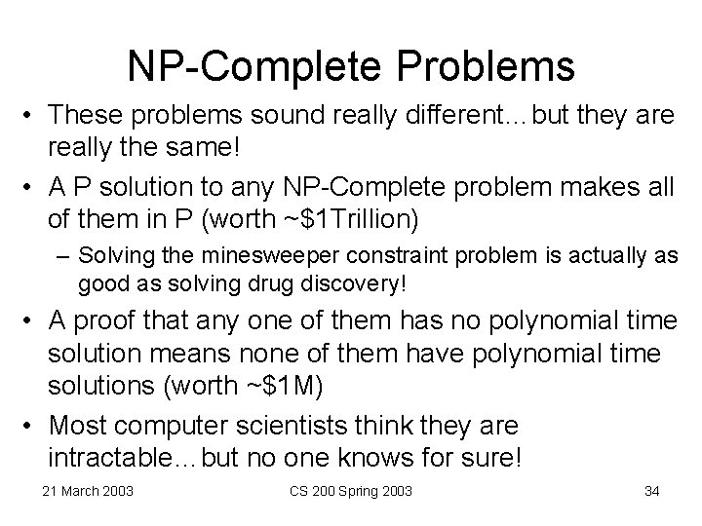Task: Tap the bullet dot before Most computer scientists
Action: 30,426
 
